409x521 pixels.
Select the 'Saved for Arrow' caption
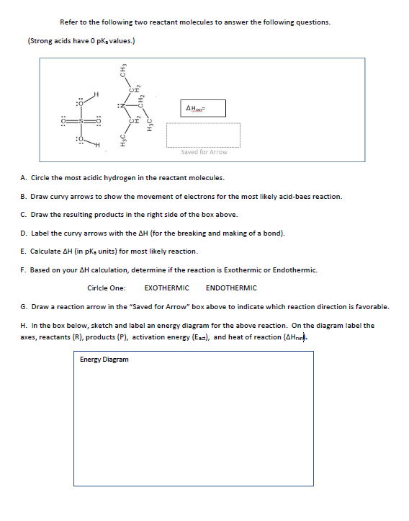(204, 152)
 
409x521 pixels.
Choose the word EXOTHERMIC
(166, 288)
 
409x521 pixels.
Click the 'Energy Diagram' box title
(104, 359)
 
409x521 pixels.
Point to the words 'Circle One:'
(106, 288)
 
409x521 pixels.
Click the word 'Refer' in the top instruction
(68, 22)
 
